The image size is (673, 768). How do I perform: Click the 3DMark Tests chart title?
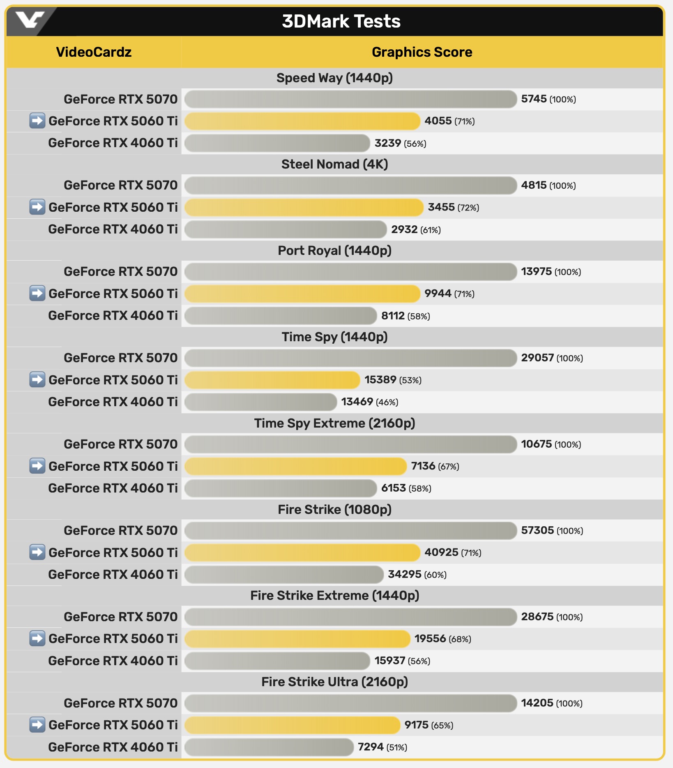[341, 21]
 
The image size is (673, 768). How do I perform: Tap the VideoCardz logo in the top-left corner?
[30, 20]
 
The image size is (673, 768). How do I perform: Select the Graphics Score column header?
[422, 52]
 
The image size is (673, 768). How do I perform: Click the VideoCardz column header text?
[94, 52]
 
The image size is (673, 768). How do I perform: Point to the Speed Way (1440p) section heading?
[334, 78]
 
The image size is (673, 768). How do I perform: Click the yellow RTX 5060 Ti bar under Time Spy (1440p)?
[272, 380]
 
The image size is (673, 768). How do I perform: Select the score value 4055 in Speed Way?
[438, 121]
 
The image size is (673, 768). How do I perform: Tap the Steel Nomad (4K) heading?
[334, 164]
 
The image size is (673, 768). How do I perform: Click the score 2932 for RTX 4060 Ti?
[404, 229]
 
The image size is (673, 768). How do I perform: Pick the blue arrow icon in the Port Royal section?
[37, 293]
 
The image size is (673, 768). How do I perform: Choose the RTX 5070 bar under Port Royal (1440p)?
[350, 272]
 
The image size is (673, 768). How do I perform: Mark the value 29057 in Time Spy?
[537, 358]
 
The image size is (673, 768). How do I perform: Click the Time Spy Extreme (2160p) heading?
[334, 423]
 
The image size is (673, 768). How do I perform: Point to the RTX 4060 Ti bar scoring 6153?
[281, 488]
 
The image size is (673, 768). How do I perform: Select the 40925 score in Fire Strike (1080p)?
[441, 552]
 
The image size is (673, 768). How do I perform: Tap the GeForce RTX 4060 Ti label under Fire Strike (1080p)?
[113, 574]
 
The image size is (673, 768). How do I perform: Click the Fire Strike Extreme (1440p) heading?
[334, 595]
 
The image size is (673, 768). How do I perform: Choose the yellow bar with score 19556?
[297, 638]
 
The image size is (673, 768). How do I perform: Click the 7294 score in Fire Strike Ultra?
[371, 747]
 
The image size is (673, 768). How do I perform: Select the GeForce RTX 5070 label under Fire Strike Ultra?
[120, 703]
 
